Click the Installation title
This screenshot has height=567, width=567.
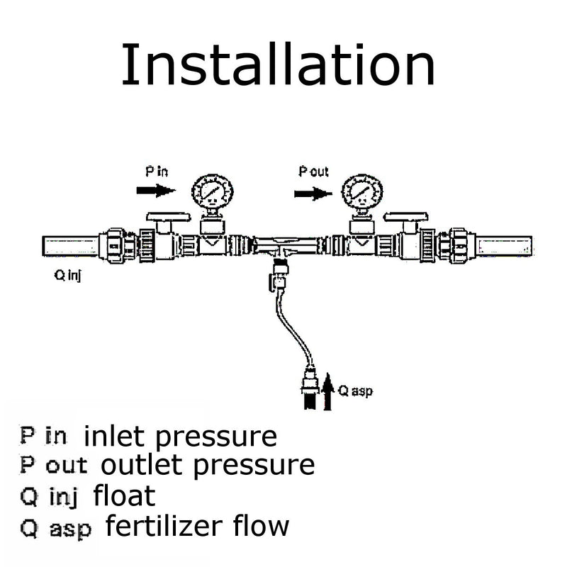pyautogui.click(x=278, y=64)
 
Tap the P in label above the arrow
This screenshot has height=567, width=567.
pyautogui.click(x=157, y=171)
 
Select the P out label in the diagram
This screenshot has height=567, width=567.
pyautogui.click(x=313, y=171)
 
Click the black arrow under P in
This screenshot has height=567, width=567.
pyautogui.click(x=156, y=190)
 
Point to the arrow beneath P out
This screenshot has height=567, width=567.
pyautogui.click(x=313, y=193)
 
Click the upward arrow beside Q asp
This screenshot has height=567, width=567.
pyautogui.click(x=327, y=392)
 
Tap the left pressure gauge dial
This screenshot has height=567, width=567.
pyautogui.click(x=212, y=191)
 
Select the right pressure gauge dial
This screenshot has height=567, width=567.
pyautogui.click(x=362, y=191)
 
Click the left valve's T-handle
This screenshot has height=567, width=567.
pyautogui.click(x=169, y=217)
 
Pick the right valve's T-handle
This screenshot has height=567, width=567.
pyautogui.click(x=406, y=217)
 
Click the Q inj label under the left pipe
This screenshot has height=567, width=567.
pyautogui.click(x=67, y=276)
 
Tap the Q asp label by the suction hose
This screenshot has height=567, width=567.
pyautogui.click(x=355, y=391)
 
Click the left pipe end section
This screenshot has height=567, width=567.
pyautogui.click(x=70, y=246)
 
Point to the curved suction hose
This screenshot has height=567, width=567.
pyautogui.click(x=291, y=327)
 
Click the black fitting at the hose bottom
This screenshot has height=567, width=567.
pyautogui.click(x=310, y=400)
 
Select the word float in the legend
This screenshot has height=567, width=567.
pyautogui.click(x=125, y=495)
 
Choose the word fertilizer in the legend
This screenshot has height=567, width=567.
pyautogui.click(x=164, y=525)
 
